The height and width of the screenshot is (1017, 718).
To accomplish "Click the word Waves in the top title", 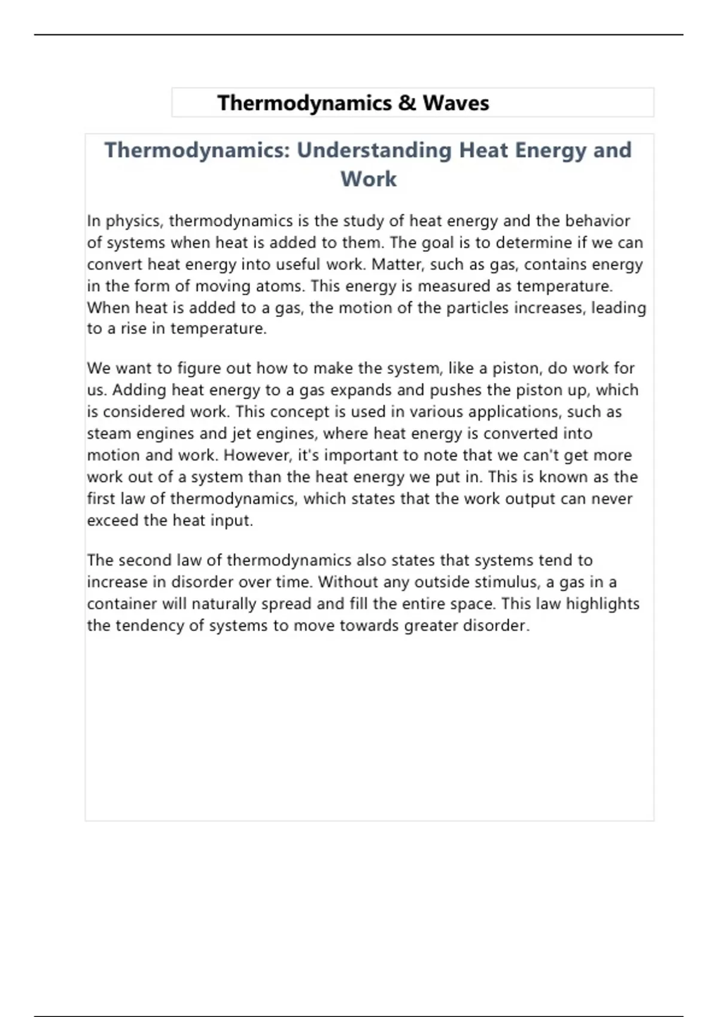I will click(x=456, y=103).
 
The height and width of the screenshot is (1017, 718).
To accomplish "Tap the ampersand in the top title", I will click(x=407, y=103).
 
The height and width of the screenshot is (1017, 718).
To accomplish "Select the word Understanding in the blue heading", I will click(x=374, y=150).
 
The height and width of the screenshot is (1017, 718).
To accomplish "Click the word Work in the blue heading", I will click(x=369, y=179).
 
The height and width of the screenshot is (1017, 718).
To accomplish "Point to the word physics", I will click(x=133, y=221).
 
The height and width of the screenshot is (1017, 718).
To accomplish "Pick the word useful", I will click(x=299, y=264).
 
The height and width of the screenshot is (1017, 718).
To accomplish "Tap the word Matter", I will click(x=392, y=264).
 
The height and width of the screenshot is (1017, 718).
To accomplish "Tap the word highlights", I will click(x=603, y=604).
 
